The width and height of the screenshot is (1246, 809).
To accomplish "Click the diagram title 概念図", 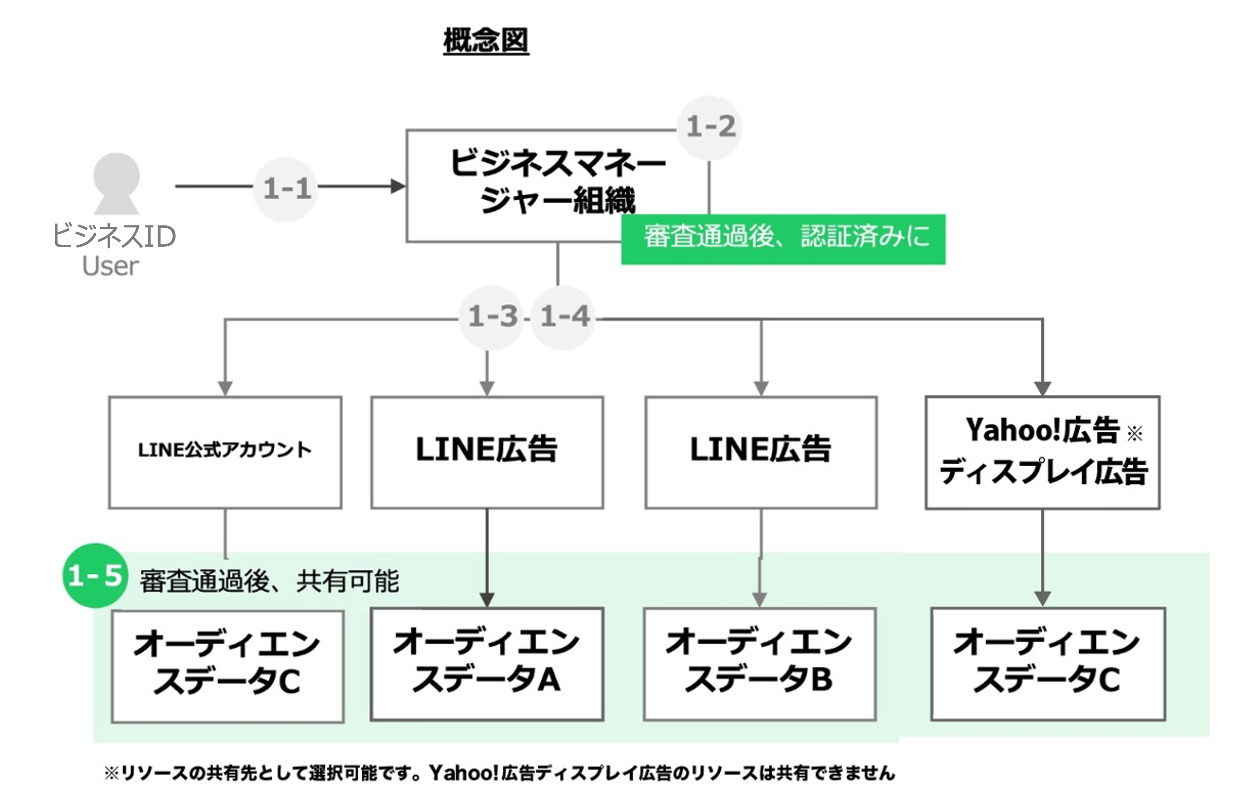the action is pyautogui.click(x=486, y=40).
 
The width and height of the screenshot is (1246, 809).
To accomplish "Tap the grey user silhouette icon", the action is pyautogui.click(x=116, y=183).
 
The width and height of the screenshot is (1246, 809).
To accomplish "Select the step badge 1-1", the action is pyautogui.click(x=286, y=188).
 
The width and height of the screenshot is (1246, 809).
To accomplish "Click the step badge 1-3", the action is pyautogui.click(x=491, y=317).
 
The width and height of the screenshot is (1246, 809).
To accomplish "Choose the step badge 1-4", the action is pyautogui.click(x=563, y=317).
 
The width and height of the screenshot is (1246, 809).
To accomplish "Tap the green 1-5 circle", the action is pyautogui.click(x=95, y=575).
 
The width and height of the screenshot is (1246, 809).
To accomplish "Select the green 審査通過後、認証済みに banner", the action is pyautogui.click(x=783, y=239).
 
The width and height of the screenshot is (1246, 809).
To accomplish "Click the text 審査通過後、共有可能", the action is pyautogui.click(x=269, y=581).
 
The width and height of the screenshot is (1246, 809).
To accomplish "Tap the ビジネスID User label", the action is pyautogui.click(x=113, y=250).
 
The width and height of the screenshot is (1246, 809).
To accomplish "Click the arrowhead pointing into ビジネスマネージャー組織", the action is pyautogui.click(x=398, y=186).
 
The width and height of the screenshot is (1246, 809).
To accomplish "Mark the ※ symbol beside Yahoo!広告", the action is pyautogui.click(x=1134, y=433).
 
